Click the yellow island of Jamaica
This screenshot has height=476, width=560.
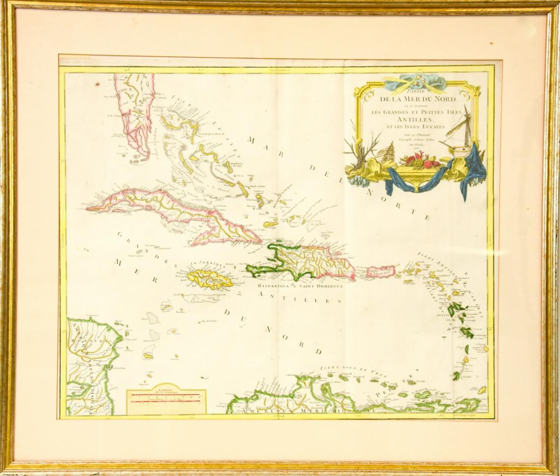(209, 279)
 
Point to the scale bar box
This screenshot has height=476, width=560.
(166, 401)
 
